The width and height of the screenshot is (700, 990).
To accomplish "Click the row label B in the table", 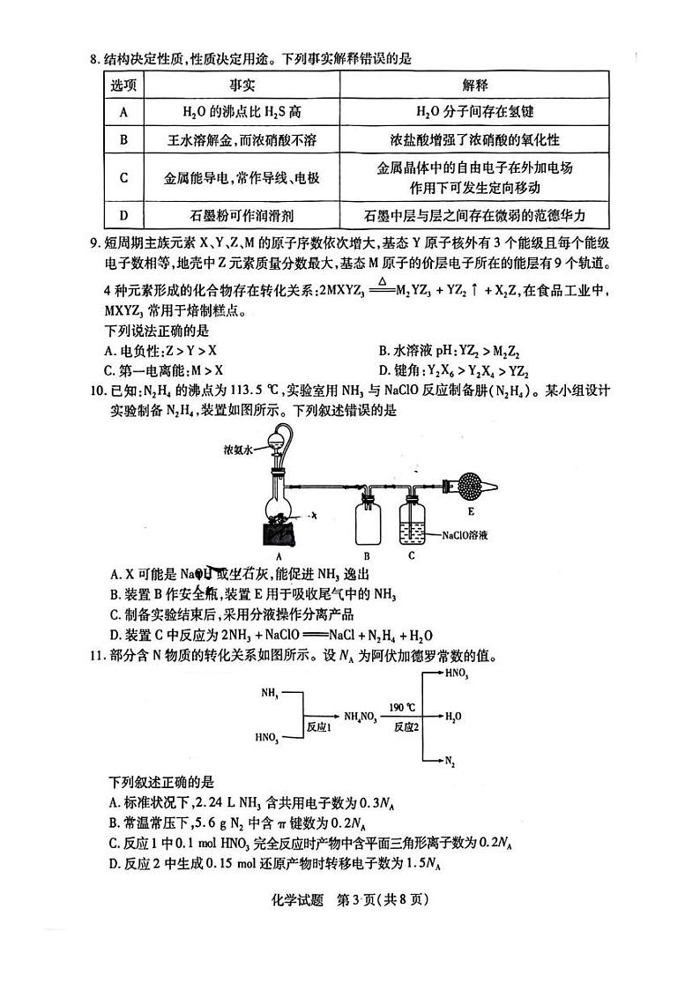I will (124, 139).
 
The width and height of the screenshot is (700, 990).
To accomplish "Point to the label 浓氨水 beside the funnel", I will (238, 450).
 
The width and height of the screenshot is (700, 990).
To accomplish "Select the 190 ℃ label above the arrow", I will (402, 706).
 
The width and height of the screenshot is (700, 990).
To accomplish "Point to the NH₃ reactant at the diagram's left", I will (270, 694).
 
